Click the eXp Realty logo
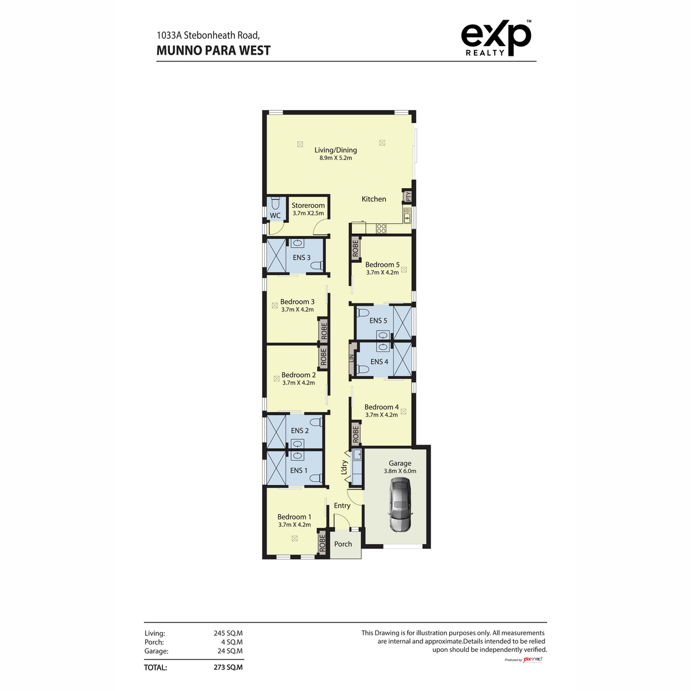coord(496,37)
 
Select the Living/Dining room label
coord(335,150)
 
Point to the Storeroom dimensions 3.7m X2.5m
coord(308,213)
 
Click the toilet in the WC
coord(275,203)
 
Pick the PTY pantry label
coord(408,196)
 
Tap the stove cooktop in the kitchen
coord(381,228)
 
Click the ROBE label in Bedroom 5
coord(355,248)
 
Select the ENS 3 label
coord(301,257)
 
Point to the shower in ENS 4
coord(403,359)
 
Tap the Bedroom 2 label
coord(298,375)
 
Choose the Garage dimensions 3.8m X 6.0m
coord(400,471)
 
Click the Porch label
coord(343,544)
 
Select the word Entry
coord(341,506)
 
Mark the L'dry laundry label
coord(344,467)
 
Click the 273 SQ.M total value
coord(228,667)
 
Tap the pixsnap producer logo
coord(533,659)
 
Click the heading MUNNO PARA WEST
coord(214,51)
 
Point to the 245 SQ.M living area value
coord(228,633)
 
